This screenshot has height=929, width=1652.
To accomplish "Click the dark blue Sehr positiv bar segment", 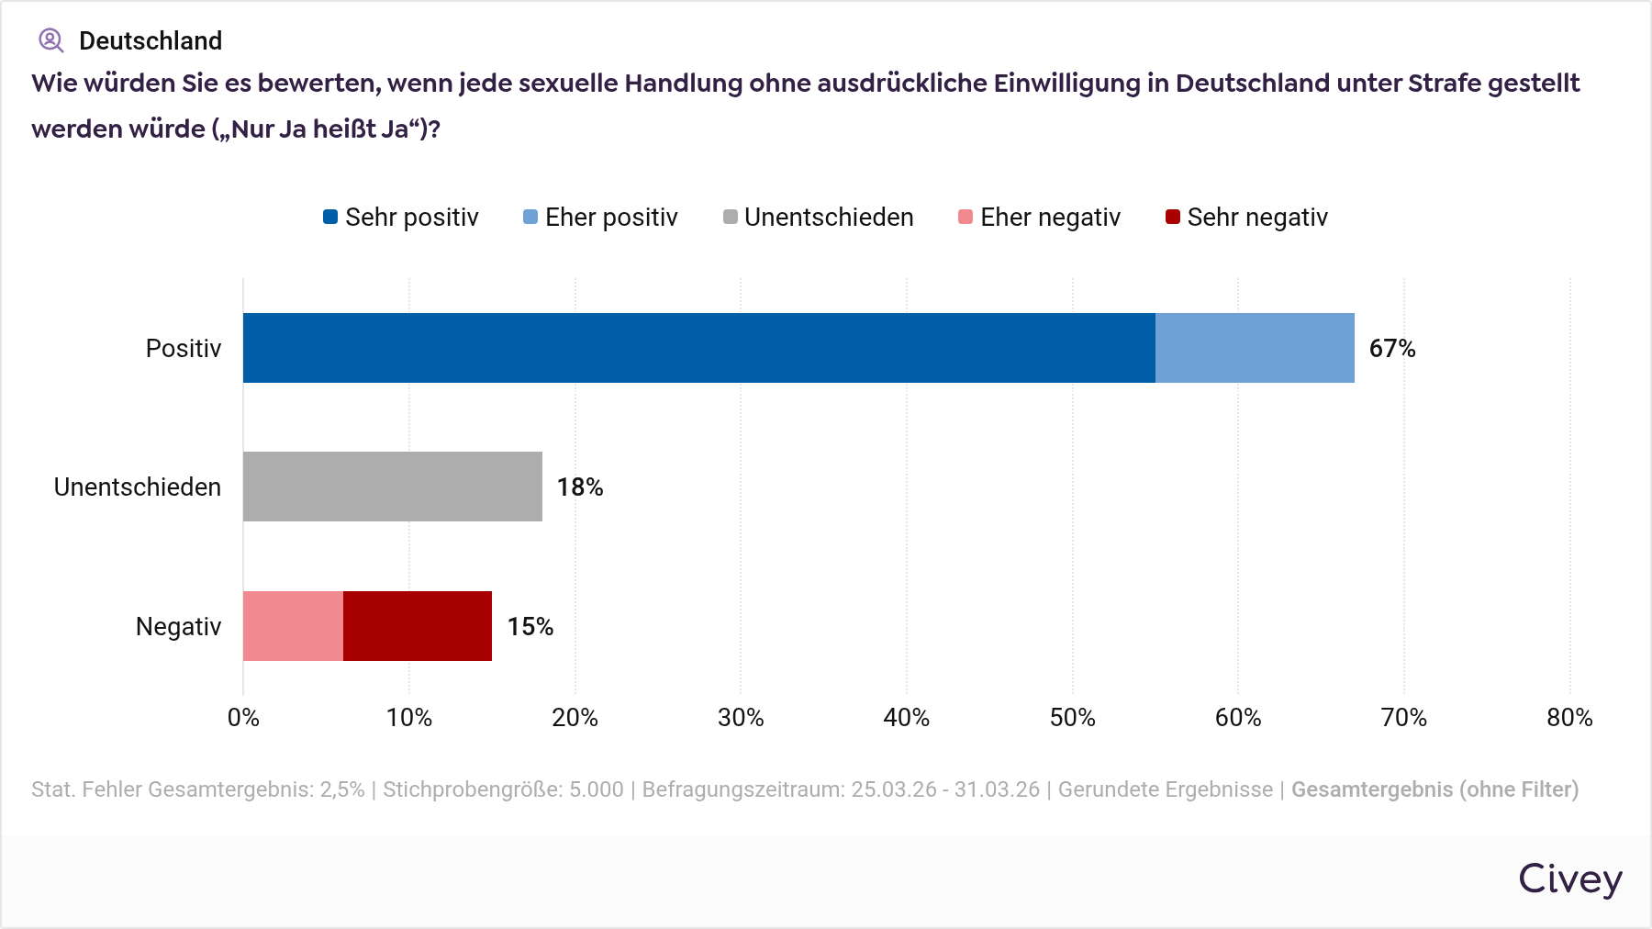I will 698,348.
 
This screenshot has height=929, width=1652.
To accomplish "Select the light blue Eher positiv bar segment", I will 1255,348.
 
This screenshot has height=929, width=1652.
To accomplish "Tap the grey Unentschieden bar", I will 392,487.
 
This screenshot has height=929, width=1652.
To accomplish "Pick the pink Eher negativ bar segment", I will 293,626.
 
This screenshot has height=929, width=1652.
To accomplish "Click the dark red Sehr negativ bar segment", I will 418,626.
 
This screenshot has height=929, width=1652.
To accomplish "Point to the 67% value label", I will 1391,349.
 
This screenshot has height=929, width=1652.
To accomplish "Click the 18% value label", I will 580,487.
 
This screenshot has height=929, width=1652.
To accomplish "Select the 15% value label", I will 530,627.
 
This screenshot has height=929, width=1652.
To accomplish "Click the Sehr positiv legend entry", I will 401,218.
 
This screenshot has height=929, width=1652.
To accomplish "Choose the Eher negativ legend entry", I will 1039,218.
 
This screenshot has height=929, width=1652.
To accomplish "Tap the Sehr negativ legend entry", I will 1246,218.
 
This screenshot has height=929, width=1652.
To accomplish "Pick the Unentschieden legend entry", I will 818,218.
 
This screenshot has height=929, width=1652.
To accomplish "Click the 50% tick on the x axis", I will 1072,718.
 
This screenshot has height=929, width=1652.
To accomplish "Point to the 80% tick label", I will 1569,718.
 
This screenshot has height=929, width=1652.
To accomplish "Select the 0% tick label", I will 243,718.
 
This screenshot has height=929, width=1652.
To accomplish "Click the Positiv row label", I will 184,349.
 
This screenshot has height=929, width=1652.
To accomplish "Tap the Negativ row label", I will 178,627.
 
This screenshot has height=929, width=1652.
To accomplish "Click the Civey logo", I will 1569,879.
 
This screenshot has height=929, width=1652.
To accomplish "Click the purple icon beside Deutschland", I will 50,40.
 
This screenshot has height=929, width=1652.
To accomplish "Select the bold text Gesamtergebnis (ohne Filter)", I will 1434,789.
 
